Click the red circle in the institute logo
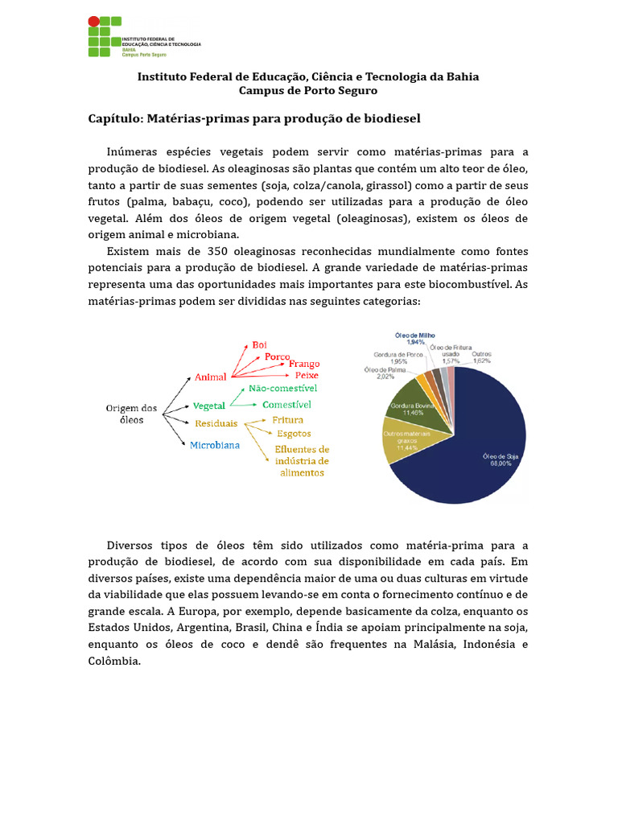point(94,22)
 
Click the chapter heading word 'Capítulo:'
point(114,119)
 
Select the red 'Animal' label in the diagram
point(210,377)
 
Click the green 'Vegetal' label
point(209,406)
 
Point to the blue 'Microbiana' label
point(214,445)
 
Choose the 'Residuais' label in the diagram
point(216,423)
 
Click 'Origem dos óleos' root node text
point(133,414)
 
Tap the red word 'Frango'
point(303,363)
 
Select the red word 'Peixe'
point(307,375)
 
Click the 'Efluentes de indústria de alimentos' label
point(302,461)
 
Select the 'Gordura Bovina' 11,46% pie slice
point(411,402)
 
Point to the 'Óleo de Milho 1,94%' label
point(414,338)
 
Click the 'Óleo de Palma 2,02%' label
point(385,373)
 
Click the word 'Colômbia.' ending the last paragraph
point(114,661)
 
